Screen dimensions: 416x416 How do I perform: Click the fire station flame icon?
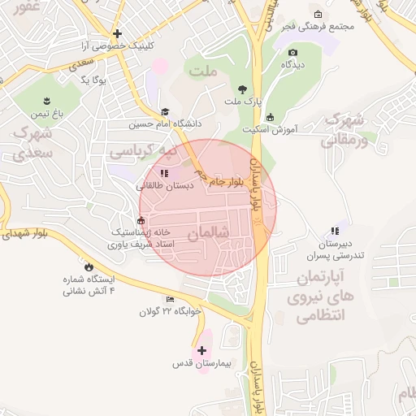[89, 266]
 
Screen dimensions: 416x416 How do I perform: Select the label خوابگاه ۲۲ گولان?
[170, 311]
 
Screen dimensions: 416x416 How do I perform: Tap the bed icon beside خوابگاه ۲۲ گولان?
[170, 299]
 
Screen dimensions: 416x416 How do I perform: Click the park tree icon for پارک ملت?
[241, 89]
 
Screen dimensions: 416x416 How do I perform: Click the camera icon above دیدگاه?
[292, 52]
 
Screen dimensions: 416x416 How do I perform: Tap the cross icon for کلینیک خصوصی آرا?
[118, 34]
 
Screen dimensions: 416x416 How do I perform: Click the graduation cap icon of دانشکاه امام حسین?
[166, 113]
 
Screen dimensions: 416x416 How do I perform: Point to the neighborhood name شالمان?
[208, 233]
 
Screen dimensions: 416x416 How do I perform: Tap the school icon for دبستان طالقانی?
[165, 173]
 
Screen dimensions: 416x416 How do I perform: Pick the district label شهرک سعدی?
[32, 141]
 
